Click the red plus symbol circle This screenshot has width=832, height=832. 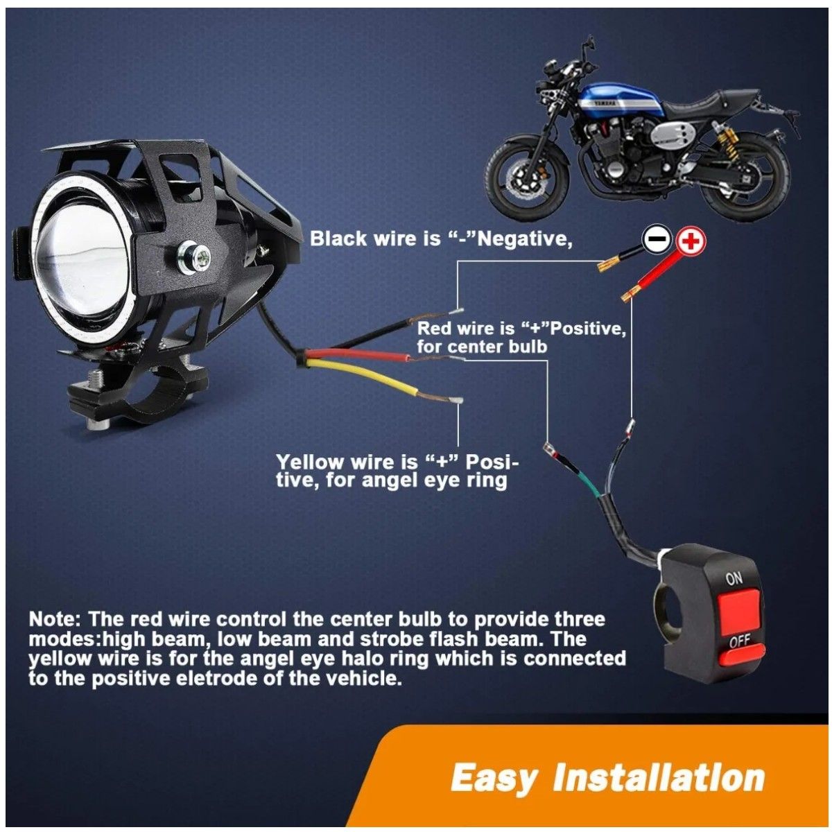tap(691, 241)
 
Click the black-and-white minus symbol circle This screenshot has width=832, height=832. tap(657, 240)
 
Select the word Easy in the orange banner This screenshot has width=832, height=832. tap(493, 777)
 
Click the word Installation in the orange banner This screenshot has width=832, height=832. tap(658, 777)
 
